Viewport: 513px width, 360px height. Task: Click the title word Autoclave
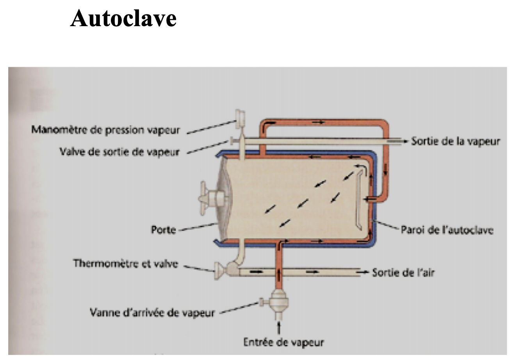(123, 18)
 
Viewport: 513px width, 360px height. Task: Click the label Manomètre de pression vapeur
(105, 130)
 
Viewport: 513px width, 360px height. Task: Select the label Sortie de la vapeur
(455, 141)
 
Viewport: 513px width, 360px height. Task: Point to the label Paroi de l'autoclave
(447, 230)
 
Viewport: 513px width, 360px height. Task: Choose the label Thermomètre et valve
(126, 264)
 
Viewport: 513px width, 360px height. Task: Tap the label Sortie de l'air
(403, 272)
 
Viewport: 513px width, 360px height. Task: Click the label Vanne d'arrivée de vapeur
(152, 312)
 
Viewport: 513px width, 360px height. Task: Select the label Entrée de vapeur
(283, 343)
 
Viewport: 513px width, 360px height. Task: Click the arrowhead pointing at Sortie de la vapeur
(406, 141)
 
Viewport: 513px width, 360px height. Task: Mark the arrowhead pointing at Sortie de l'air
(365, 272)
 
